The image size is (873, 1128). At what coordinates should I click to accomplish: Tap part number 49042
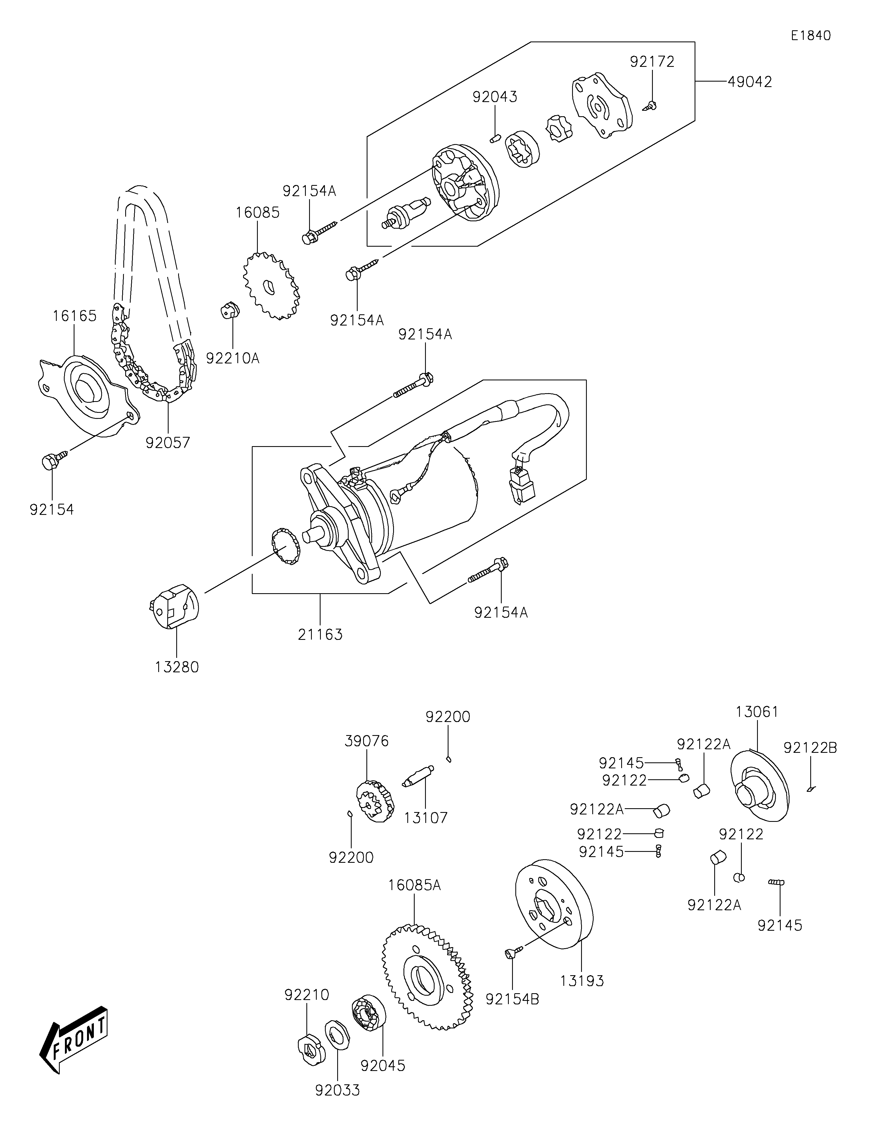[x=750, y=82]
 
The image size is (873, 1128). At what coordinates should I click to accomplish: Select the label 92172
[x=652, y=61]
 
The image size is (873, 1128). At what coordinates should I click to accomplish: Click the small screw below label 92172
[x=650, y=106]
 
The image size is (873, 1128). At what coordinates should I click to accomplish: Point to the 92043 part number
[x=495, y=97]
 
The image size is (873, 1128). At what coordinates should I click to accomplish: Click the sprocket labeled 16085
[x=271, y=286]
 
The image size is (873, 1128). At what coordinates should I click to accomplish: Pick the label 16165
[x=74, y=316]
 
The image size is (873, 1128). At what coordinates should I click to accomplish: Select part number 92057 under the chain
[x=168, y=443]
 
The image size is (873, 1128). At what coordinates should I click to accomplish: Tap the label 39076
[x=367, y=741]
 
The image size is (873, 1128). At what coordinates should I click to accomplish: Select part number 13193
[x=582, y=981]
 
